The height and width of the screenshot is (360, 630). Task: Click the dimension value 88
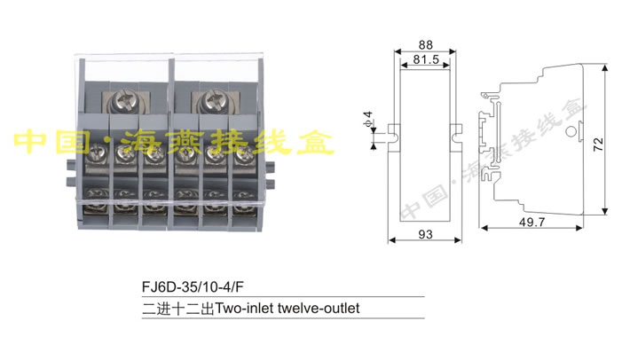click(x=426, y=44)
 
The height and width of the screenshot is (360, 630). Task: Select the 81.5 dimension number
click(x=426, y=60)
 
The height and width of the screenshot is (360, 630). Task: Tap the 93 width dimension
click(x=426, y=234)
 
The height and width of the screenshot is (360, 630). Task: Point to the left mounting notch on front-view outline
click(x=392, y=136)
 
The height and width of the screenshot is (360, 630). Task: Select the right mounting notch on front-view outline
click(x=460, y=136)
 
